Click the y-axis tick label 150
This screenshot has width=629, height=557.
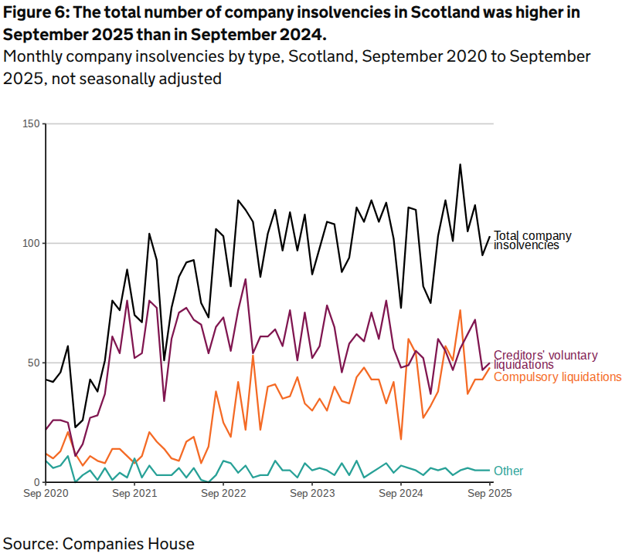pyautogui.click(x=32, y=124)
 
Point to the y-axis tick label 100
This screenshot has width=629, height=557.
pyautogui.click(x=32, y=244)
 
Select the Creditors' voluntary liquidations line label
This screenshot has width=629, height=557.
pyautogui.click(x=546, y=360)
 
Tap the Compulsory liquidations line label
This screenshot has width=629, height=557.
pyautogui.click(x=557, y=376)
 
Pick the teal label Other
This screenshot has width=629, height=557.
pyautogui.click(x=508, y=471)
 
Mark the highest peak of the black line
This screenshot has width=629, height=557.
pyautogui.click(x=460, y=164)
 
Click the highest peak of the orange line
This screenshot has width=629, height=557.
pyautogui.click(x=460, y=311)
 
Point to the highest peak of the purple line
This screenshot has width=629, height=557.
pyautogui.click(x=246, y=279)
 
